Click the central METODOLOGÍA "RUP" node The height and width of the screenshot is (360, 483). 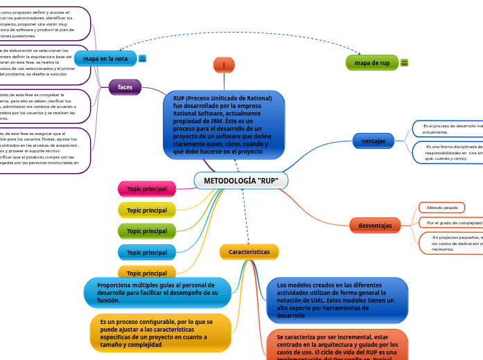tap(241, 181)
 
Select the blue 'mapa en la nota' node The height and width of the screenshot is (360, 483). tap(105, 59)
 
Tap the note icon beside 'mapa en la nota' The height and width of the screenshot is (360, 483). tap(143, 59)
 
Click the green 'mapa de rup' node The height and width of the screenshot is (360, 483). tap(372, 63)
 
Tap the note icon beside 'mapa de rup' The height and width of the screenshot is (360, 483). tap(405, 63)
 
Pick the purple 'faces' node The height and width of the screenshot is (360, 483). tap(125, 87)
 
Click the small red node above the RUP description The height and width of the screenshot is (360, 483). tap(224, 65)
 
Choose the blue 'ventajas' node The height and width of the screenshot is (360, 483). tap(373, 141)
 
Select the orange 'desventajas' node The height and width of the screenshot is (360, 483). tap(375, 226)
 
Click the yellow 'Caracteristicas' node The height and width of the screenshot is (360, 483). tap(249, 252)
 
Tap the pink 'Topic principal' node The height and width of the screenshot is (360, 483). tap(146, 189)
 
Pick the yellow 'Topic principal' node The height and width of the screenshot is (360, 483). tap(146, 210)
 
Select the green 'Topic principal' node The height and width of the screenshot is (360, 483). tap(146, 231)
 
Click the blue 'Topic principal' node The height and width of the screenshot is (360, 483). tap(146, 252)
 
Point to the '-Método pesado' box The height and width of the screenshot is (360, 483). tap(441, 208)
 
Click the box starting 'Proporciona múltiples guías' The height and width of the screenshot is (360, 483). tap(157, 293)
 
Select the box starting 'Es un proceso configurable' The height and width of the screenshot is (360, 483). tap(160, 333)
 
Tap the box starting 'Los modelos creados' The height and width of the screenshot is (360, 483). tap(337, 300)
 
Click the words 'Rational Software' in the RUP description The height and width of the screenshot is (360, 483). tap(195, 114)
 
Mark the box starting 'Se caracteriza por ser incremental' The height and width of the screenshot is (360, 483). tap(337, 344)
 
